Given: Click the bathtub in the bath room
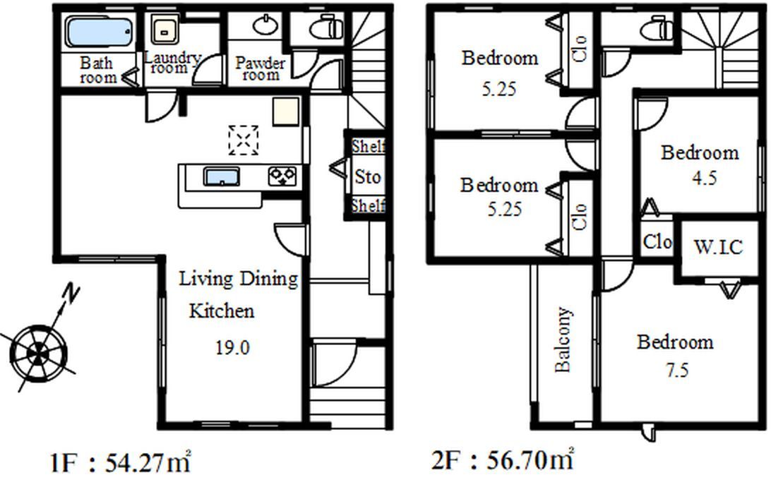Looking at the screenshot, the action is point(100,32).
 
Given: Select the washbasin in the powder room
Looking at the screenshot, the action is point(265,25).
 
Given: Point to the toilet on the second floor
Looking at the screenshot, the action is point(657,28).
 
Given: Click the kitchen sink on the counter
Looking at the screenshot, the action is point(222,176).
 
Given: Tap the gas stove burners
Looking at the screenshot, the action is point(282,176).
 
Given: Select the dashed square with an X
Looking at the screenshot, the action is point(244,140).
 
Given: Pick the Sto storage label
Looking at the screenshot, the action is point(368,176).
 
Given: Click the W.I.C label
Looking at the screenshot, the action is point(718,247).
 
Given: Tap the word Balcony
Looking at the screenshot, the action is point(563,339).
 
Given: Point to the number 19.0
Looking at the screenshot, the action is point(232,348).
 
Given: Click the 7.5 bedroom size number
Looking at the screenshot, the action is point(677,370).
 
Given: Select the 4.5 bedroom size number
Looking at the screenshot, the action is point(704,177).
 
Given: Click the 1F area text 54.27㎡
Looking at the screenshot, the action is point(148,462).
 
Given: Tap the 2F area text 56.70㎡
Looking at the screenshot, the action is point(530,460).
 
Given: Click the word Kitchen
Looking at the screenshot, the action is point(222,311).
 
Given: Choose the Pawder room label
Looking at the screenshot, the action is point(260,69).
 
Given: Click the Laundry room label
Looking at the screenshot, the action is point(172,62).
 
